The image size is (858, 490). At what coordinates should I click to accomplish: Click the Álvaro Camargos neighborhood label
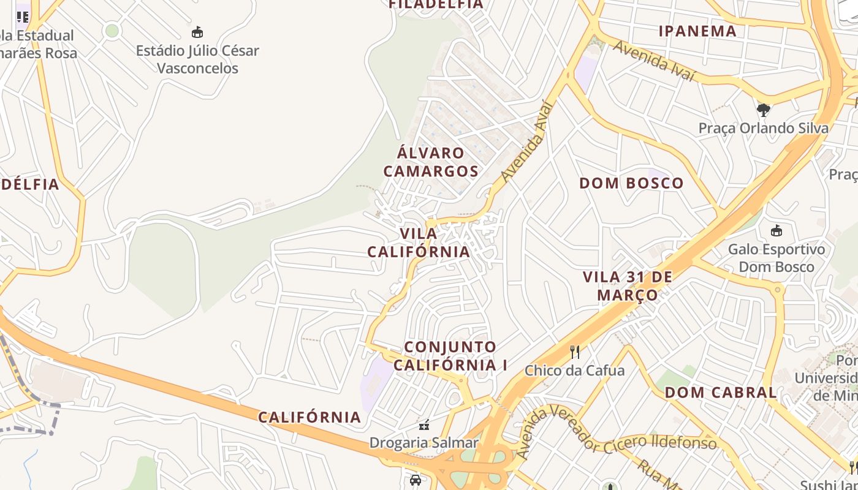(x=431, y=162)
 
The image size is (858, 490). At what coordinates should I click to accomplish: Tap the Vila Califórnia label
(x=419, y=243)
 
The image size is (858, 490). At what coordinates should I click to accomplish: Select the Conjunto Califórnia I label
(x=450, y=356)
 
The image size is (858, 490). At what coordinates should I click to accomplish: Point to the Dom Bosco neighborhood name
(x=631, y=183)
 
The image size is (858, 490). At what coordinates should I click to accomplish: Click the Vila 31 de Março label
(x=628, y=285)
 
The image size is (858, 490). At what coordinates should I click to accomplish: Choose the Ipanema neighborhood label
(x=697, y=31)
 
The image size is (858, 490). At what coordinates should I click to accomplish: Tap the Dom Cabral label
(x=721, y=392)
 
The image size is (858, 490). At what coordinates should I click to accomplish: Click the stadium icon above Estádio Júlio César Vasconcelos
(x=197, y=32)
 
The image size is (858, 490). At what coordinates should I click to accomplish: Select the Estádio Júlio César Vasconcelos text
(x=197, y=59)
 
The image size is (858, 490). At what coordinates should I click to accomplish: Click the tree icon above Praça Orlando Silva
(x=763, y=110)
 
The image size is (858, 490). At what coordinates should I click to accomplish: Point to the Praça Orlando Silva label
(x=763, y=129)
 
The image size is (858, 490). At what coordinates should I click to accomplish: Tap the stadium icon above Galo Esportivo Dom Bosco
(x=776, y=231)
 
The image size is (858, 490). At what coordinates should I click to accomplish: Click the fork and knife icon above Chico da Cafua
(x=575, y=352)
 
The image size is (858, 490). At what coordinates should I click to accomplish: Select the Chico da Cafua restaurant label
(x=574, y=371)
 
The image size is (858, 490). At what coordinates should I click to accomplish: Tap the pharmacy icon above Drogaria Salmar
(x=423, y=424)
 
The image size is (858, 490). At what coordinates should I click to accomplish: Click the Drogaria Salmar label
(x=423, y=443)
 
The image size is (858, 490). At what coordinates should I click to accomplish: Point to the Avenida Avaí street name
(x=526, y=142)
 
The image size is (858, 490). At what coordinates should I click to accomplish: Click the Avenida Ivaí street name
(x=654, y=61)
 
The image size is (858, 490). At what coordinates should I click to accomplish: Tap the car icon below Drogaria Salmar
(x=416, y=480)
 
